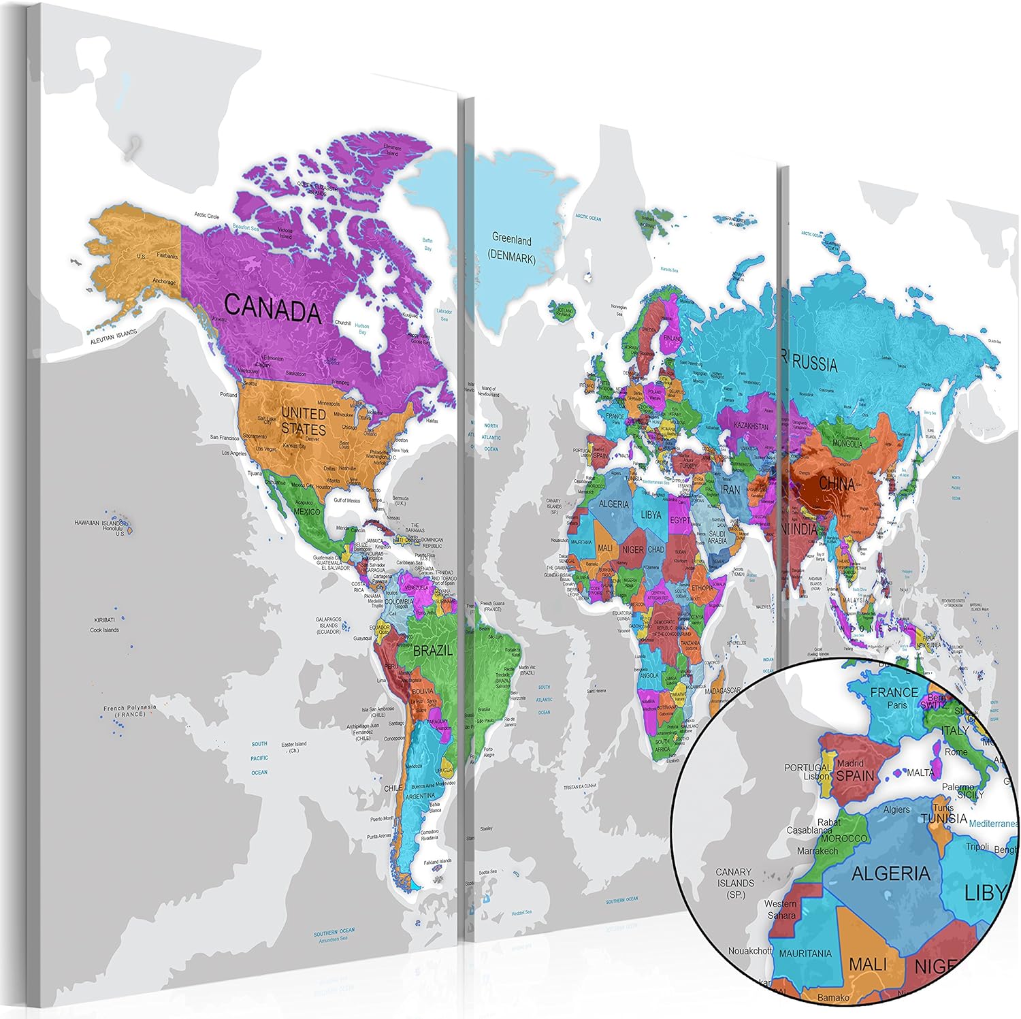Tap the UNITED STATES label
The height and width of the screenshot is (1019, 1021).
click(304, 421)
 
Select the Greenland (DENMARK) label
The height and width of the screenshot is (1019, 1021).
click(512, 249)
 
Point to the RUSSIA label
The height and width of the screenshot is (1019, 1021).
click(815, 364)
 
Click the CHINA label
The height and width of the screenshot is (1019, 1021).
click(837, 483)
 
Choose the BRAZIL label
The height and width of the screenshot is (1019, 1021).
click(433, 650)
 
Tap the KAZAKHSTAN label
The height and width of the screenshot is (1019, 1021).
click(751, 426)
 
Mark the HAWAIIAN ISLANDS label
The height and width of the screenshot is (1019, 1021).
click(100, 523)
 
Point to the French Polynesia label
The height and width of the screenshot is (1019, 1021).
click(129, 711)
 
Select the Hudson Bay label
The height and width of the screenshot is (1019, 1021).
click(362, 329)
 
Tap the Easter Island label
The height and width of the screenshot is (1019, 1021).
click(294, 747)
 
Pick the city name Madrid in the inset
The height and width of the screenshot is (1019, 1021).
click(850, 763)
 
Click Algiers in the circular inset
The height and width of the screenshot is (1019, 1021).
click(896, 809)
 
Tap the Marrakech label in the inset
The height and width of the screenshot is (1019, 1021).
click(817, 851)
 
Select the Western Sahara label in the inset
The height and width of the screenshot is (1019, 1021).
click(781, 909)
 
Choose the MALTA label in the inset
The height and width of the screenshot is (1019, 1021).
click(920, 773)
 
